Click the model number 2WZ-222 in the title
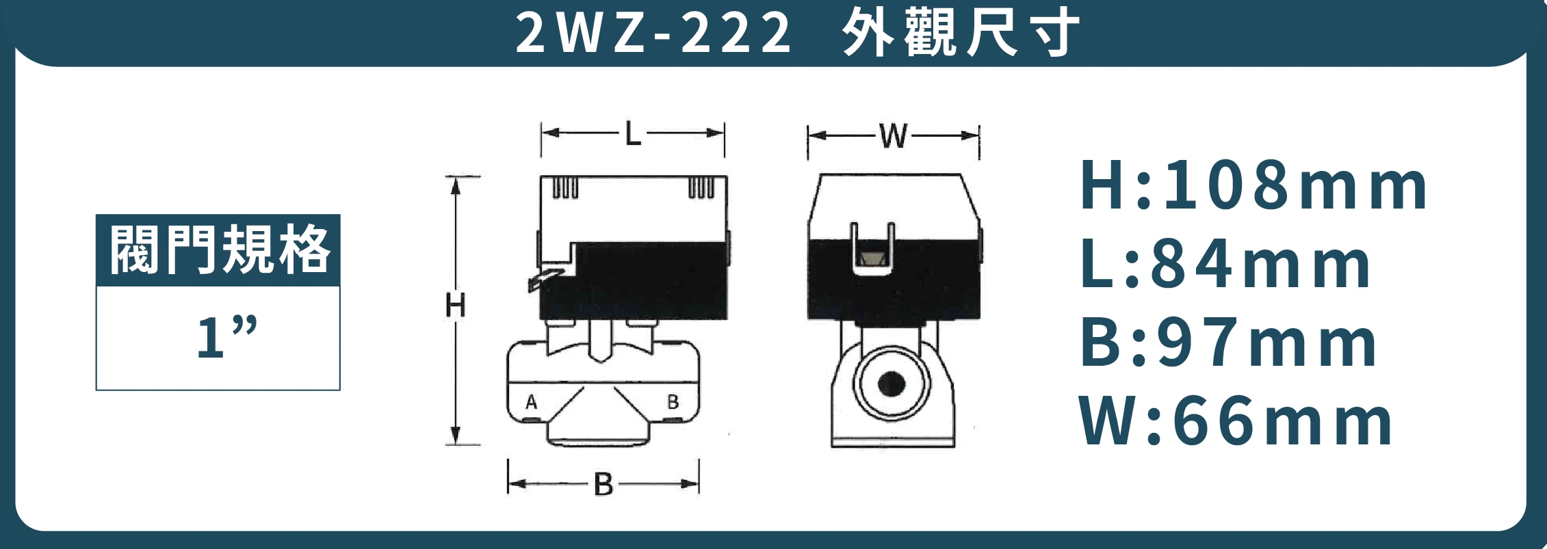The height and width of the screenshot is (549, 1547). point(653,33)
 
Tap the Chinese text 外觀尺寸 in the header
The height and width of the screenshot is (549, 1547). point(961,33)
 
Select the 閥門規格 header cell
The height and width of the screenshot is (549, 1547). point(218,250)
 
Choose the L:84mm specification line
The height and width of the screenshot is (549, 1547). point(1225,265)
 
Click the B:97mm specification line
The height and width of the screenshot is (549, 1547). point(1228,343)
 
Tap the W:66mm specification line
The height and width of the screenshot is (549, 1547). point(1236,422)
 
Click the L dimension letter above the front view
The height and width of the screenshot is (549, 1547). point(633,134)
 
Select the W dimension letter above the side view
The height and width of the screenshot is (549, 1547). point(894,136)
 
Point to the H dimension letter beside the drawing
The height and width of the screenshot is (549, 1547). point(455,305)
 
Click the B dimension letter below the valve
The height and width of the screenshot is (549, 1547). point(603,485)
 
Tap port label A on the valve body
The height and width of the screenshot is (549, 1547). point(532,402)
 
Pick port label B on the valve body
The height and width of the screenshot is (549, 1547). point(673,402)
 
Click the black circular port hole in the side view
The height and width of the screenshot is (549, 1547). point(891,384)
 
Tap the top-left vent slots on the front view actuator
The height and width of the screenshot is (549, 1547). point(564,187)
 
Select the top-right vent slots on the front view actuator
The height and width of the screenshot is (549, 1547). point(701,187)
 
